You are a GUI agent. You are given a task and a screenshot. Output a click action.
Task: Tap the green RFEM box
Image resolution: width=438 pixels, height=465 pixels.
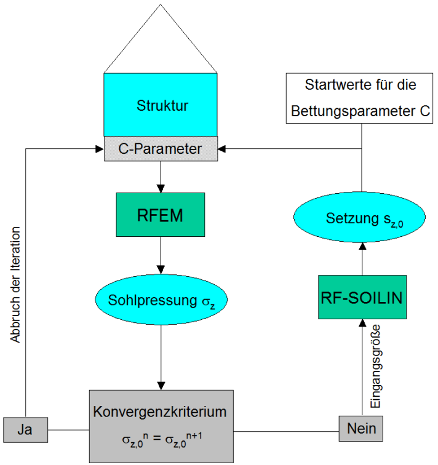(x=161, y=214)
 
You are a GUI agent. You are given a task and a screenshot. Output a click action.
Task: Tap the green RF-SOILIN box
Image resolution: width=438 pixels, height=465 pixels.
(x=362, y=297)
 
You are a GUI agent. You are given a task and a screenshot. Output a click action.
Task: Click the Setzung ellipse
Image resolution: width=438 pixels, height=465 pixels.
(x=362, y=218)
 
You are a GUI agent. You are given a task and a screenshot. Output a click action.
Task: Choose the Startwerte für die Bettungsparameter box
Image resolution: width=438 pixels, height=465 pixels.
(x=362, y=98)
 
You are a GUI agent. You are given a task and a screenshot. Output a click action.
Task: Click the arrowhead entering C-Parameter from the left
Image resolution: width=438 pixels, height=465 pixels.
(x=100, y=149)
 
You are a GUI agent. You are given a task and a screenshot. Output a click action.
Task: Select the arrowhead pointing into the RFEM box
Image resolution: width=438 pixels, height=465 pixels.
(x=161, y=188)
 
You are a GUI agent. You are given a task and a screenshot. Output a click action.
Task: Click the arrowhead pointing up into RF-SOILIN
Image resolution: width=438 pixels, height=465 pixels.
(x=362, y=324)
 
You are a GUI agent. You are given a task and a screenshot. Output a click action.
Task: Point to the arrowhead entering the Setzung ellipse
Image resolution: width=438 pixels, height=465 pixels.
(x=362, y=245)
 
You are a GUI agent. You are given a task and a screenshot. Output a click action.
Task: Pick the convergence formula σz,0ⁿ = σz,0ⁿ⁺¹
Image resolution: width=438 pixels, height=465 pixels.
(x=161, y=440)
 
